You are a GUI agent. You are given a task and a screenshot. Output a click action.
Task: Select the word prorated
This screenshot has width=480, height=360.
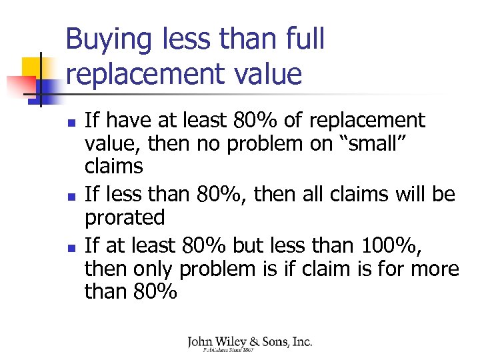click(125, 217)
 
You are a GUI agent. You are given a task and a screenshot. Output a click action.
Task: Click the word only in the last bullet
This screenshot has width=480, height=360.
click(152, 269)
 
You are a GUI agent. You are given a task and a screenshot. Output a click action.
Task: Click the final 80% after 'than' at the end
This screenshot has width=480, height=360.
click(155, 292)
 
